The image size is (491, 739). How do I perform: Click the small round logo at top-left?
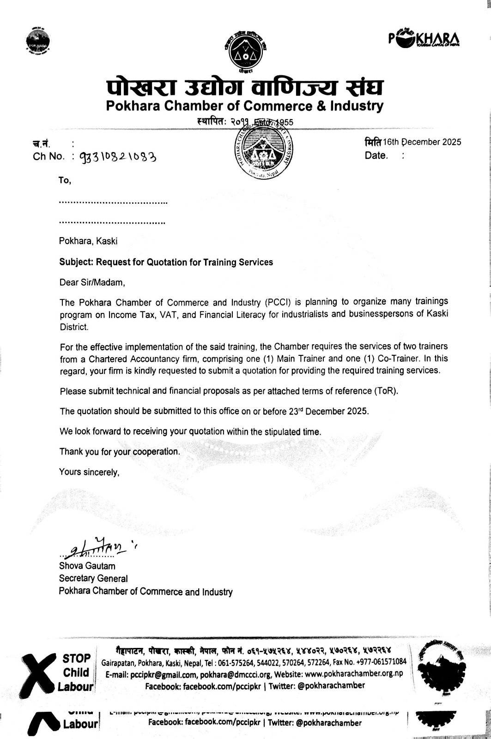pyautogui.click(x=38, y=43)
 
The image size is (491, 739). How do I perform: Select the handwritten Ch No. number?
pyautogui.click(x=118, y=156)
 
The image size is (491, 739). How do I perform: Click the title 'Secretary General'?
pyautogui.click(x=93, y=578)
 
